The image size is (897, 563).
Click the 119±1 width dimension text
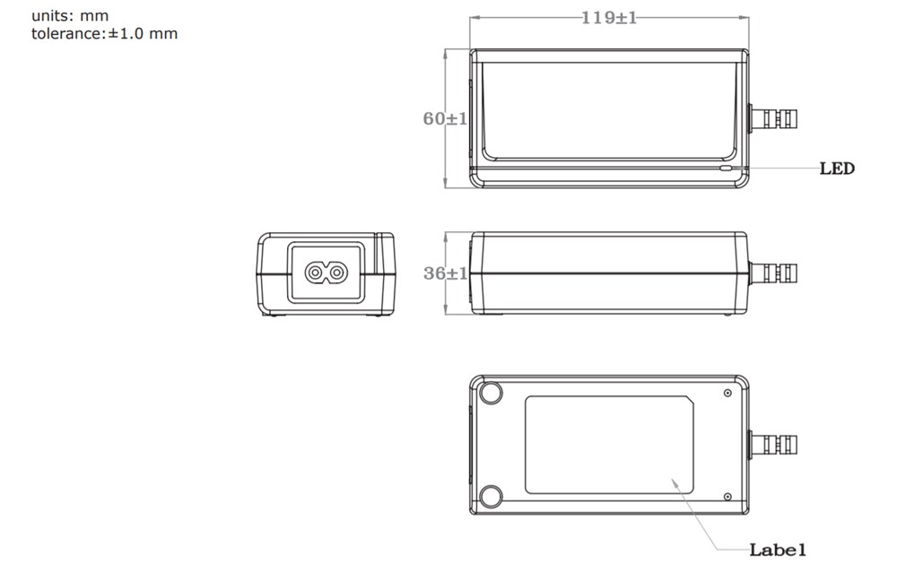[608, 17]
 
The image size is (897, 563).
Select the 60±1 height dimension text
[445, 118]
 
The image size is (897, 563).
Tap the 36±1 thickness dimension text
[445, 273]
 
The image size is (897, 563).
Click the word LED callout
[837, 169]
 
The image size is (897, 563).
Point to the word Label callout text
[778, 549]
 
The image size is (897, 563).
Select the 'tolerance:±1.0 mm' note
[104, 34]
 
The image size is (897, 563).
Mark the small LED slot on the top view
[726, 167]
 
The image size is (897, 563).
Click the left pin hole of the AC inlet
[315, 272]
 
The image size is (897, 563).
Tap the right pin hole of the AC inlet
[335, 272]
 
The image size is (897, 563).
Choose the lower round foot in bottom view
[491, 496]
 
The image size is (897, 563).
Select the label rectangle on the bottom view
[608, 445]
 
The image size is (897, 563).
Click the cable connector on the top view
[773, 118]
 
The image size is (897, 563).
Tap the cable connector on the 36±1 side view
[773, 272]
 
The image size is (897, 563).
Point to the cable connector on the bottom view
[773, 444]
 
